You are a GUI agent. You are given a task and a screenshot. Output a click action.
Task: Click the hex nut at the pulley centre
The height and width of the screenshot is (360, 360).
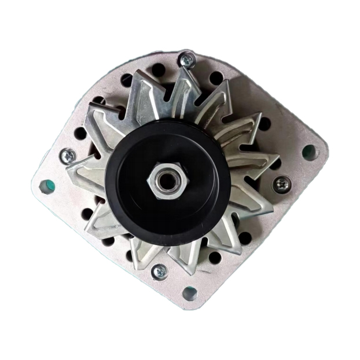pos(167,181)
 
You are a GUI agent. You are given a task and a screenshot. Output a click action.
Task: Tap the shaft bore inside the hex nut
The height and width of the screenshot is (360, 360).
pos(168,182)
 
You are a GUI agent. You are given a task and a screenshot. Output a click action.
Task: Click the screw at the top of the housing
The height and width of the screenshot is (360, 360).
pos(186,59)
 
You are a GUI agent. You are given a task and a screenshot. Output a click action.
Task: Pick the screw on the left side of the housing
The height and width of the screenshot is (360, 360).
pos(67,155)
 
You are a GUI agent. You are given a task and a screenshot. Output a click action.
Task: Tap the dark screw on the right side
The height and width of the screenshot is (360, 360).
pos(282,184)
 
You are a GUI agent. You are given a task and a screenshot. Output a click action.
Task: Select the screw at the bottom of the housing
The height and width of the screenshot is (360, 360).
pos(160,271)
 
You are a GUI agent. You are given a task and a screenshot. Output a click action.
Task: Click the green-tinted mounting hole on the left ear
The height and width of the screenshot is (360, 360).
pos(45,186)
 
